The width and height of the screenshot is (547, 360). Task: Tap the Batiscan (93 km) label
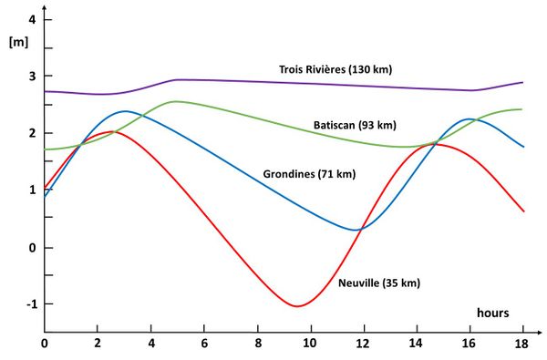click(x=355, y=125)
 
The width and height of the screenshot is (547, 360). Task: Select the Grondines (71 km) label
click(x=310, y=173)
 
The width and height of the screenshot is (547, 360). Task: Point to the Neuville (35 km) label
click(x=379, y=283)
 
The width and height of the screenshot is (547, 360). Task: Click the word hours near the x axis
click(x=497, y=313)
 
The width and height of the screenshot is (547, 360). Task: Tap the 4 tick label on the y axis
click(x=32, y=20)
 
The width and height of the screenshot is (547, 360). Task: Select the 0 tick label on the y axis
click(x=32, y=248)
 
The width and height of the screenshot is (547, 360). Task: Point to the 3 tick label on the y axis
click(x=32, y=77)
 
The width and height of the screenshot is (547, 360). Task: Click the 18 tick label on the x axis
click(x=521, y=345)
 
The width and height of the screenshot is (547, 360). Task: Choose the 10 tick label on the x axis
click(x=309, y=345)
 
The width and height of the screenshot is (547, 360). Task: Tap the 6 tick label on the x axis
click(x=203, y=345)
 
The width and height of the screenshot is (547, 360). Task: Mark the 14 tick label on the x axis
click(x=416, y=345)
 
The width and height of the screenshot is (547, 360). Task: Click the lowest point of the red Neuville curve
click(x=296, y=305)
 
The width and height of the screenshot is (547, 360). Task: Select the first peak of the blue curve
click(x=124, y=111)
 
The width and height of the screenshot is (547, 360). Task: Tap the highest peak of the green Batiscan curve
click(x=175, y=101)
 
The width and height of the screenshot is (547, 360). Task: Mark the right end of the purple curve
click(x=522, y=82)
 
